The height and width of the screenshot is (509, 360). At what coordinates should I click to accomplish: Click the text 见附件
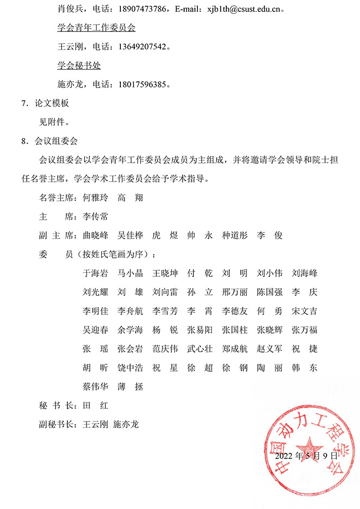54,122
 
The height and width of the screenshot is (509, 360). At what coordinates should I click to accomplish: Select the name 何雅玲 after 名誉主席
96,197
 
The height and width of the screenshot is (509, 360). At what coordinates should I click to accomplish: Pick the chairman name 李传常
96,216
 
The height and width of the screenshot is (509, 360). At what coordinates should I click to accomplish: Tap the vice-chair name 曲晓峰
96,235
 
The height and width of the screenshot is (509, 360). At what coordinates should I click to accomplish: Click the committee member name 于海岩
96,273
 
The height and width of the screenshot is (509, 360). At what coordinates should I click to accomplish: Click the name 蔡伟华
96,387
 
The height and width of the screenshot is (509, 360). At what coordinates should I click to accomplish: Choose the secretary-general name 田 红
96,405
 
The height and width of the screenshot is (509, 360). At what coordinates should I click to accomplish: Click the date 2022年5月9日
307,455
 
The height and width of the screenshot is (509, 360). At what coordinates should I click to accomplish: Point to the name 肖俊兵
70,9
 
